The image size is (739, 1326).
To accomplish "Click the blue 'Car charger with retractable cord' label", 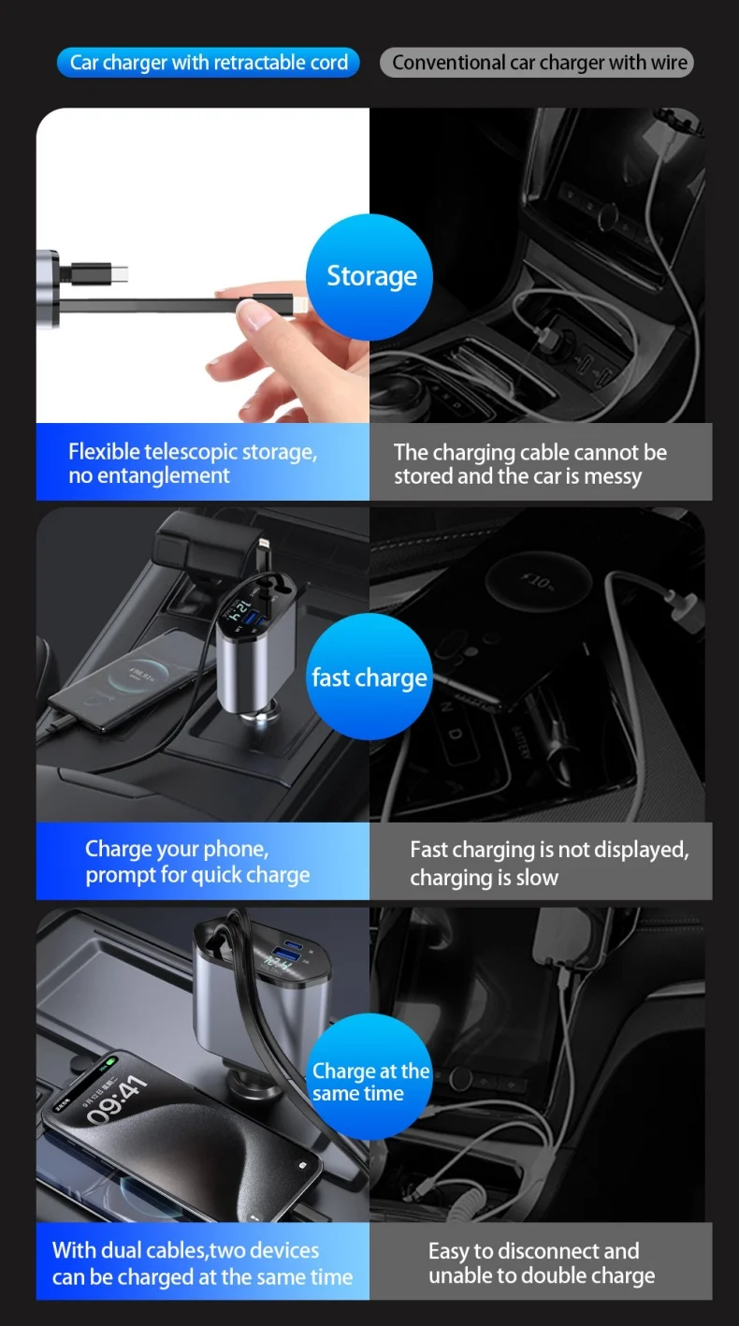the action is (x=209, y=62).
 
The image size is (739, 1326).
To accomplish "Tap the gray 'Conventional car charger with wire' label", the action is (x=537, y=62).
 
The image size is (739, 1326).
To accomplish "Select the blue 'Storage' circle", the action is (x=369, y=277).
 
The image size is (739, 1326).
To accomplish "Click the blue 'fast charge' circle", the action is (x=369, y=677).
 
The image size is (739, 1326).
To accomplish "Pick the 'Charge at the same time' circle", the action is (x=369, y=1077).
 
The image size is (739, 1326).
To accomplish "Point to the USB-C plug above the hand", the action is (x=101, y=274).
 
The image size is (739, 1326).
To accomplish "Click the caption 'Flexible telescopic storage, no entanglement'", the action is (x=193, y=463).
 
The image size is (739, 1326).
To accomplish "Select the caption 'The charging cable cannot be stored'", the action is (x=530, y=464).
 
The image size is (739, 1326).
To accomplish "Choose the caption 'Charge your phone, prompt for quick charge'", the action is (x=197, y=862).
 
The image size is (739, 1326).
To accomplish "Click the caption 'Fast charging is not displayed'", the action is (x=550, y=850).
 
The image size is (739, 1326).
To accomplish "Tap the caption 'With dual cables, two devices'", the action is (x=186, y=1249).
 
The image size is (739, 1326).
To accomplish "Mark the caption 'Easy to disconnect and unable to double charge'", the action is (x=542, y=1262).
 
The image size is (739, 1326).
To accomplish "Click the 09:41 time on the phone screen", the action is (x=117, y=1100).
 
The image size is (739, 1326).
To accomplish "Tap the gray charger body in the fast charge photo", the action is (x=254, y=657).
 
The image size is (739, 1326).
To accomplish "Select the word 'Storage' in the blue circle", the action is (x=371, y=276).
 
